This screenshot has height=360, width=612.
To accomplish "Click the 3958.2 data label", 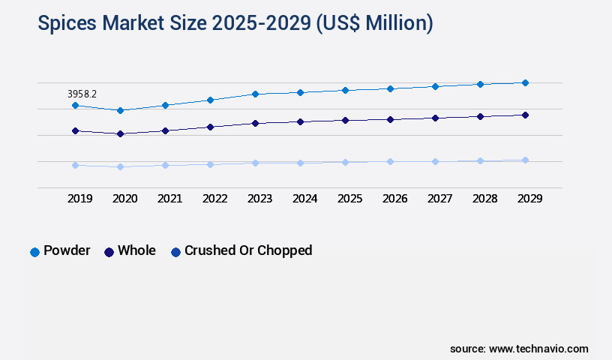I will [82, 94].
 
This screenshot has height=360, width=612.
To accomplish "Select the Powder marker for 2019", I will [75, 106].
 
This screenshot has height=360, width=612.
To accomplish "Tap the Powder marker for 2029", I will [525, 82].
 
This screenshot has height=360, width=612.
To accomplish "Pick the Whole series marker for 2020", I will [120, 134].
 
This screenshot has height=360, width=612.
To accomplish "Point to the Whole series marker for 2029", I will [525, 115].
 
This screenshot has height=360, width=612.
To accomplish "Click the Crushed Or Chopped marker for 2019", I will [75, 165].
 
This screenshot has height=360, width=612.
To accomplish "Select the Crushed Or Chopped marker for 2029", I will [525, 160].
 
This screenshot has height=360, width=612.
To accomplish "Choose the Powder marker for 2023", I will [255, 94].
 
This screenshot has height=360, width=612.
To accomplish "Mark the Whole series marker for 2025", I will [345, 120].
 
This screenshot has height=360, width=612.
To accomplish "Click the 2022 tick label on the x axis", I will [214, 199].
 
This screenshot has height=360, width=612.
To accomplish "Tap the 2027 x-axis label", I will [439, 199].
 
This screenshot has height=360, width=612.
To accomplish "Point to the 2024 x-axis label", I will [304, 199].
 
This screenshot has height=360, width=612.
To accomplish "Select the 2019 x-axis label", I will [79, 199].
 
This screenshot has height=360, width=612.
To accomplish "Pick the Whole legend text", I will [136, 250].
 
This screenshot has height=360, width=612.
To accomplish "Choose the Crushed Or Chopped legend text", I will [248, 250].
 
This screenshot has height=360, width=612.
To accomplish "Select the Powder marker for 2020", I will [120, 110].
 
